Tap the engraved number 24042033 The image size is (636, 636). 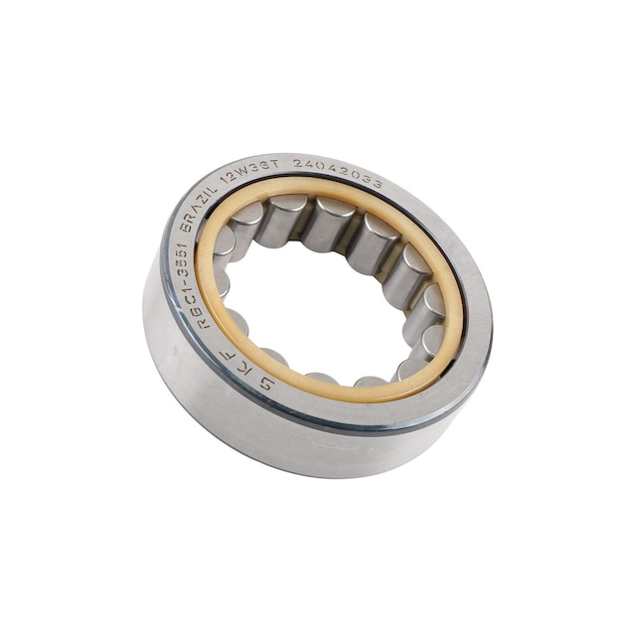click(x=338, y=170)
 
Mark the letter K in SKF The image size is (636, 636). click(x=239, y=367)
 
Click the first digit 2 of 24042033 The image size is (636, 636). click(x=298, y=163)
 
